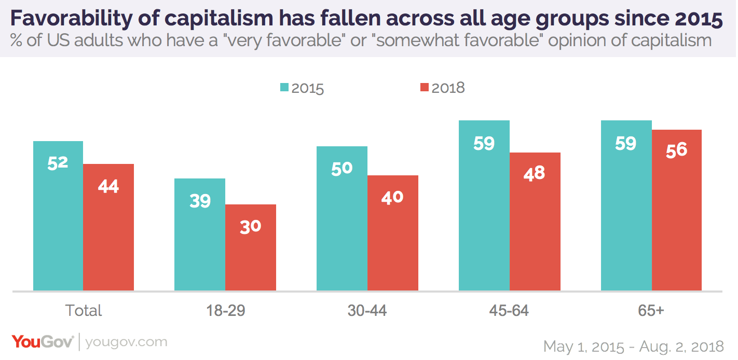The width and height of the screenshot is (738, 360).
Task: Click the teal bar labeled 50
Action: tap(342, 218)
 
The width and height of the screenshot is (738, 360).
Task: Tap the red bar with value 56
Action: tap(677, 210)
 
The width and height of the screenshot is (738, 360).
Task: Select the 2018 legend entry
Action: tap(442, 88)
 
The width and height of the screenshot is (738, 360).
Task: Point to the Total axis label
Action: tap(84, 310)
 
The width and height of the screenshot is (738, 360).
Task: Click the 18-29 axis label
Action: tap(225, 310)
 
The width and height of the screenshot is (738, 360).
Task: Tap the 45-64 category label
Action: tap(509, 310)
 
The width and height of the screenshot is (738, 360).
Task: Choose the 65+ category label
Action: tap(651, 310)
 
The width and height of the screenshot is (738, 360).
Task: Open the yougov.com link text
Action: tap(126, 342)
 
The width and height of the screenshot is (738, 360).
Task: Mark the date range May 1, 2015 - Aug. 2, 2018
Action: tap(633, 346)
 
